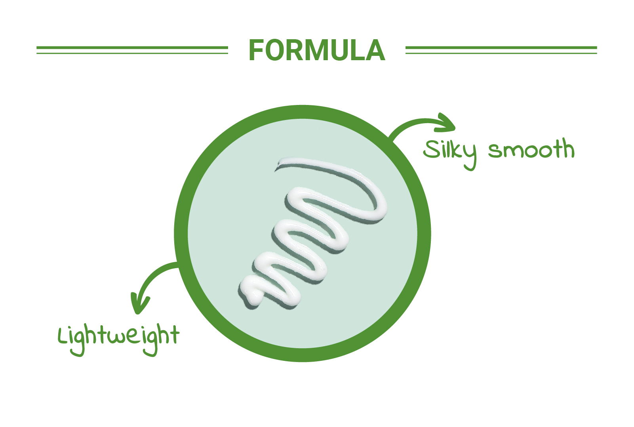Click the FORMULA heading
click(x=317, y=50)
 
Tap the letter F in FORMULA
click(x=256, y=50)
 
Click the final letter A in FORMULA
click(x=375, y=50)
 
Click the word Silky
click(x=450, y=153)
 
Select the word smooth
click(x=531, y=148)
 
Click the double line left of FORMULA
click(x=132, y=50)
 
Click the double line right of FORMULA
click(x=501, y=50)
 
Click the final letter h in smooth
click(x=568, y=147)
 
